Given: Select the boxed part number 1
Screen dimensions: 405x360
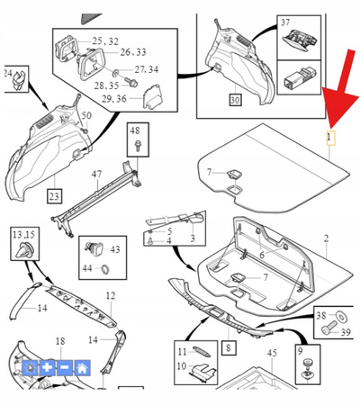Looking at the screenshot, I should pos(329,139).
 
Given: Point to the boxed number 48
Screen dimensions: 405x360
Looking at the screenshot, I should pos(136,132).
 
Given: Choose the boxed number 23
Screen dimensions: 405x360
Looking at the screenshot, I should pos(54,195).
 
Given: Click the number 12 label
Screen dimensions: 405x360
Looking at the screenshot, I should pos(111,296).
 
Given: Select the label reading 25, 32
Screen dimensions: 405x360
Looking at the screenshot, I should pos(105,41).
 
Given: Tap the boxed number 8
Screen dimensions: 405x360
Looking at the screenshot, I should pos(227,346).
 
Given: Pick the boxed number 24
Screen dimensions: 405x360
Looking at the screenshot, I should pos(7,72).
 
